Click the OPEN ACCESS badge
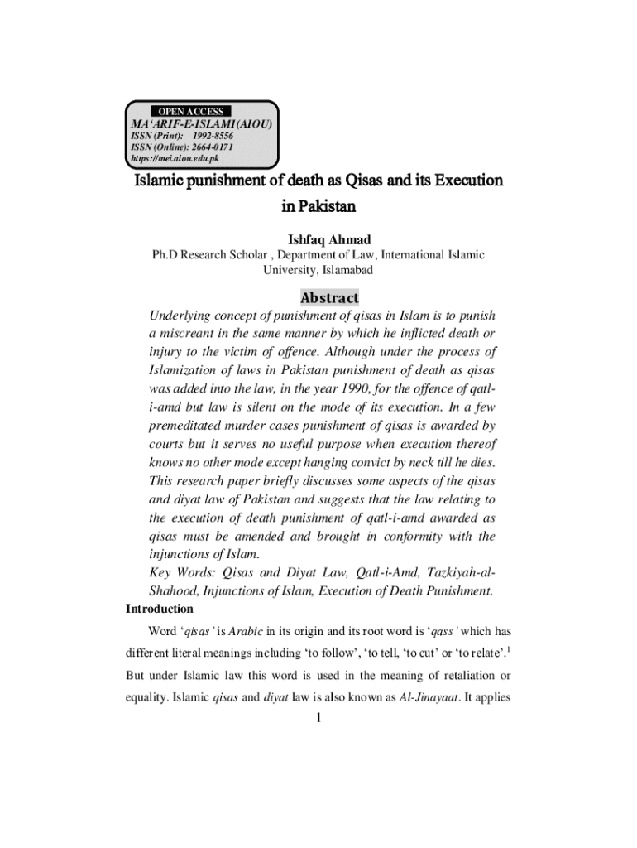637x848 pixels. pos(189,111)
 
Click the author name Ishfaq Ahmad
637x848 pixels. pos(318,240)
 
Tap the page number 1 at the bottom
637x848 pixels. pos(318,718)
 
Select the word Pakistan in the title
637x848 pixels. pos(318,205)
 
